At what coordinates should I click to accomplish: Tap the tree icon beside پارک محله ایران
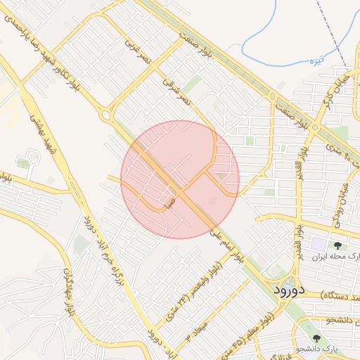tap(338, 245)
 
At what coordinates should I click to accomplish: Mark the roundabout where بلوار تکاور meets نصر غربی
tap(107, 113)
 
